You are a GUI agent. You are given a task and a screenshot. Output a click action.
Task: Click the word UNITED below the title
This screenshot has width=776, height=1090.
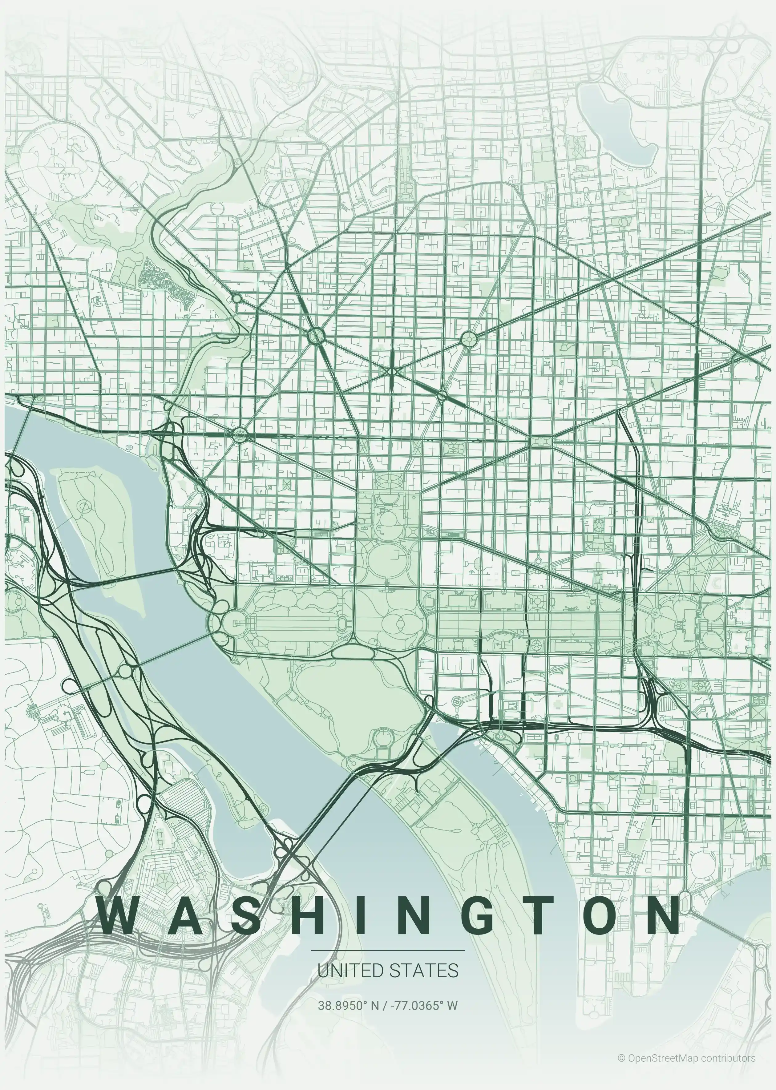click(x=350, y=971)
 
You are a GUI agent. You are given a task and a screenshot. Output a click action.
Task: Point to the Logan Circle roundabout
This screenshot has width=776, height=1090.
click(x=469, y=339)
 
